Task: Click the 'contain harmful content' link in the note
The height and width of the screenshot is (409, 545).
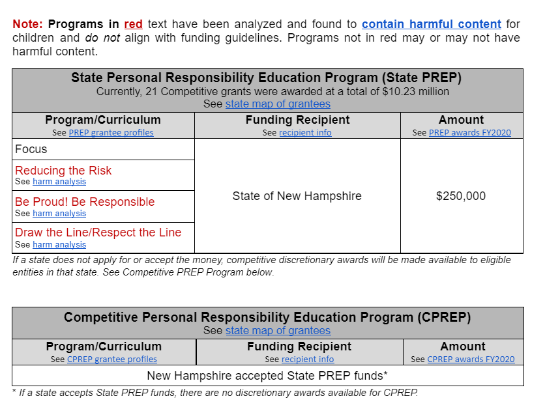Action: click(431, 24)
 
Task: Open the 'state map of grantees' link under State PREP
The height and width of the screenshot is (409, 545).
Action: click(278, 104)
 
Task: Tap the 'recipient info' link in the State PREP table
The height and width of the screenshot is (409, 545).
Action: click(305, 132)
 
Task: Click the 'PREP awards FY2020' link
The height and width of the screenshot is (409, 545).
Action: click(470, 132)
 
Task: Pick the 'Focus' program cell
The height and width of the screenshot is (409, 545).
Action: click(31, 149)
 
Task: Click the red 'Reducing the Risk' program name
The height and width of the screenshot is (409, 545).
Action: click(63, 171)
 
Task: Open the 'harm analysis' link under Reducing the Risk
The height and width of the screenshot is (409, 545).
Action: click(59, 182)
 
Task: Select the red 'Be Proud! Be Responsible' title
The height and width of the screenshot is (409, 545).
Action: click(85, 202)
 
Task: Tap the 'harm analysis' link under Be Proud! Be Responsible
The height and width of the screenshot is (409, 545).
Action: click(59, 213)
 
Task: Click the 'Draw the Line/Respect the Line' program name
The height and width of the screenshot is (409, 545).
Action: click(98, 233)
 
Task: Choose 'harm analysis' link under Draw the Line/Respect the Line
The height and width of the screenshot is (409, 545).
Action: click(59, 244)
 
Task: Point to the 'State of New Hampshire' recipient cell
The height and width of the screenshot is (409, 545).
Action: click(297, 196)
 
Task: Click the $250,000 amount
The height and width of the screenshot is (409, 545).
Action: click(461, 196)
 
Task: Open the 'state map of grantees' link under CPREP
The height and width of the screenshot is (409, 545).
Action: click(278, 330)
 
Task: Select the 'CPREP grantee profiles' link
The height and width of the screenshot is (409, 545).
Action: click(111, 359)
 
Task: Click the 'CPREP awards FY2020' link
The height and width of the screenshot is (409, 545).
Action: click(471, 359)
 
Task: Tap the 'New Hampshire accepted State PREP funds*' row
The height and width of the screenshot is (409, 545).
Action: click(267, 376)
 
